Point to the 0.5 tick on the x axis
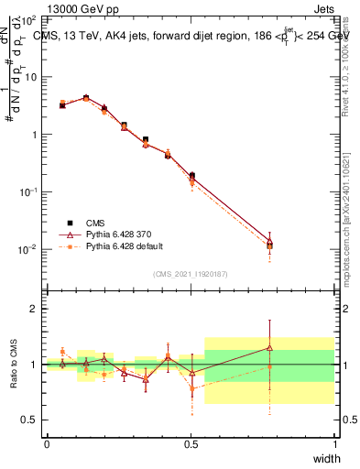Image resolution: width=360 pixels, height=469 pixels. (x=191, y=444)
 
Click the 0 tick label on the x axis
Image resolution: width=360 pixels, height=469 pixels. (x=47, y=444)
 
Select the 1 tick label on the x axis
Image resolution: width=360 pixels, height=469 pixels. (x=334, y=444)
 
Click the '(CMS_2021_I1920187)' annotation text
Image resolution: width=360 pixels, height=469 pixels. (x=191, y=273)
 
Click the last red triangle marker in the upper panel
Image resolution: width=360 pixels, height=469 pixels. (x=270, y=242)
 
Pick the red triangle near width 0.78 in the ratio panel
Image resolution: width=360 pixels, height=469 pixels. (x=270, y=347)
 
